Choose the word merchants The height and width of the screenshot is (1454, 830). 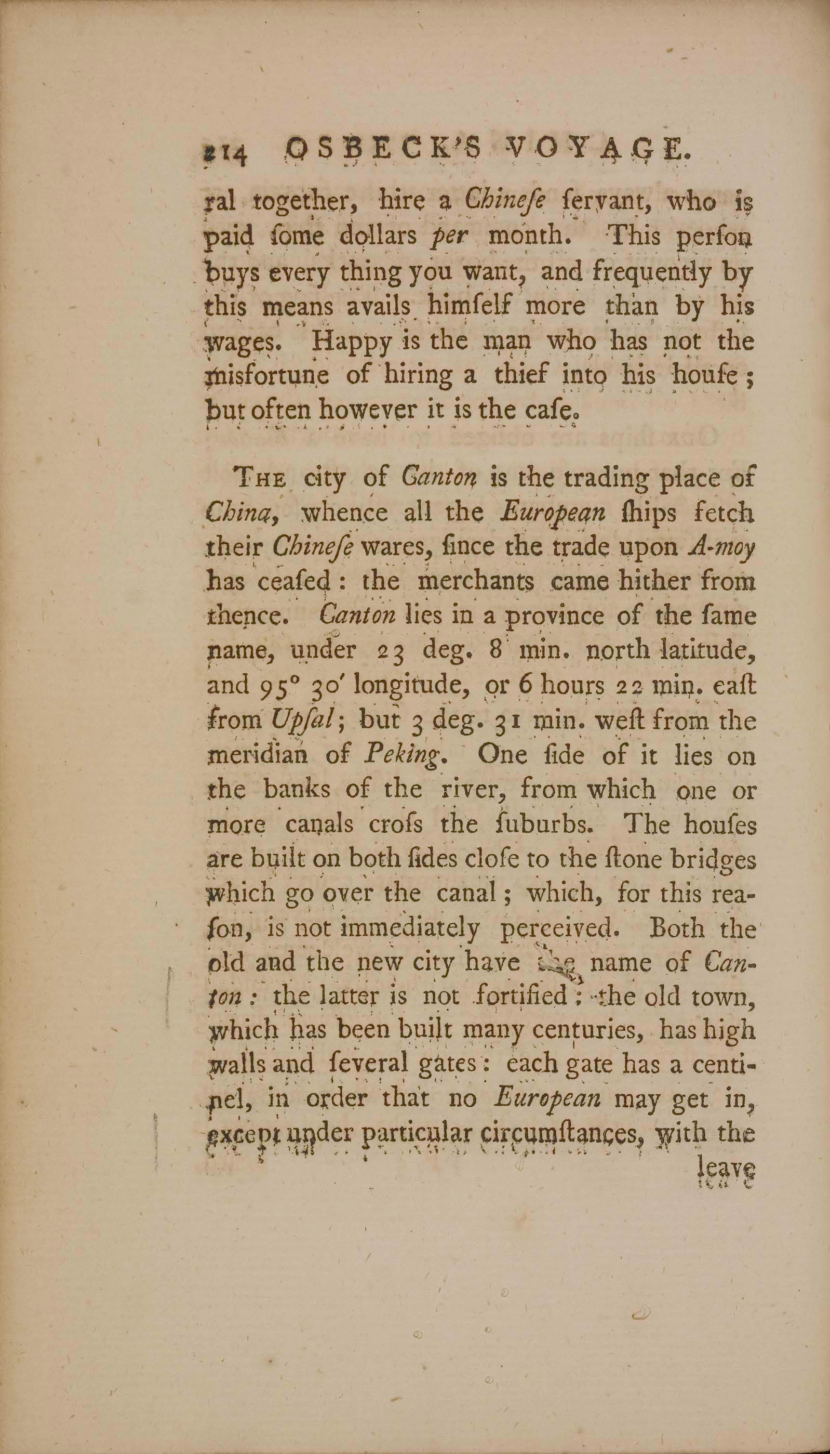[x=475, y=582]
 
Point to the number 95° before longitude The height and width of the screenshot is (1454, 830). [x=276, y=686]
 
